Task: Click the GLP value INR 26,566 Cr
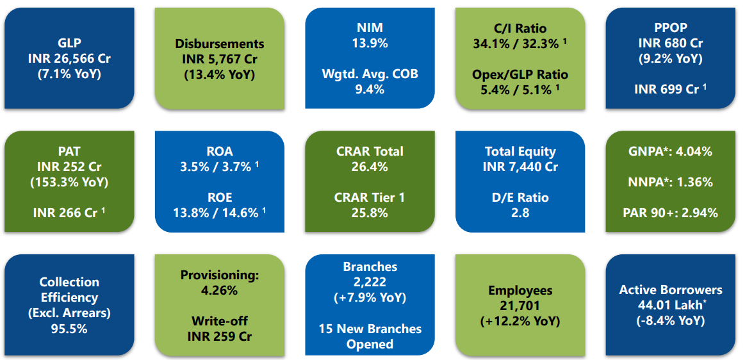pos(69,58)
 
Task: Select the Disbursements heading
pos(219,44)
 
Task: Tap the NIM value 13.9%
pos(370,44)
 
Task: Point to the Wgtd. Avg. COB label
pos(370,74)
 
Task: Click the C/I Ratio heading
pos(520,28)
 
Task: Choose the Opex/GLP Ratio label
pos(520,74)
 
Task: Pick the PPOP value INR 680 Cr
pos(670,44)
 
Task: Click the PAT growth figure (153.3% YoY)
pos(69,182)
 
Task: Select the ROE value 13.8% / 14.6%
pos(219,213)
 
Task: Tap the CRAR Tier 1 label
pos(370,197)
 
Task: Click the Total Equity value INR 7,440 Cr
pos(520,167)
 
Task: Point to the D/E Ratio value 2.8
pos(520,213)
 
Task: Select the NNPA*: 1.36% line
pos(670,182)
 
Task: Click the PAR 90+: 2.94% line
pos(670,213)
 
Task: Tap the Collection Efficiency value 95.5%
pos(69,329)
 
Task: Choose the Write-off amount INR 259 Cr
pos(219,336)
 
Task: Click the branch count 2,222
pos(370,282)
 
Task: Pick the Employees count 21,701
pos(520,306)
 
